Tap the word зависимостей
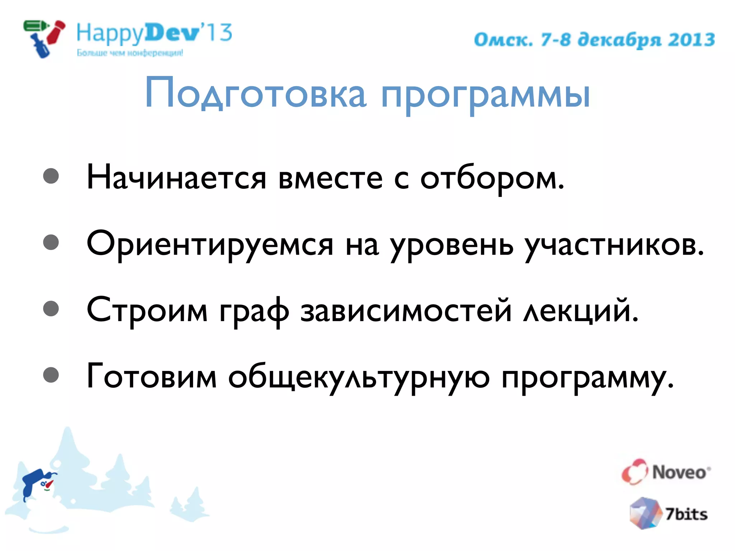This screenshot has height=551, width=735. pyautogui.click(x=406, y=311)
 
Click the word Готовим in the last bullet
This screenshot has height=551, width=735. pyautogui.click(x=152, y=377)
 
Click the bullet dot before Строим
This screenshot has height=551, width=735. pyautogui.click(x=51, y=309)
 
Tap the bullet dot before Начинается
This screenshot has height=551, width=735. pyautogui.click(x=51, y=176)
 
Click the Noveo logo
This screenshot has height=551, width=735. pyautogui.click(x=666, y=472)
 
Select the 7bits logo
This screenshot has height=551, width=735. pyautogui.click(x=668, y=513)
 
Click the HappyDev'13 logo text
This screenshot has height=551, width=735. pyautogui.click(x=154, y=33)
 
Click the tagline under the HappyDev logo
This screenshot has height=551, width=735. pyautogui.click(x=130, y=53)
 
